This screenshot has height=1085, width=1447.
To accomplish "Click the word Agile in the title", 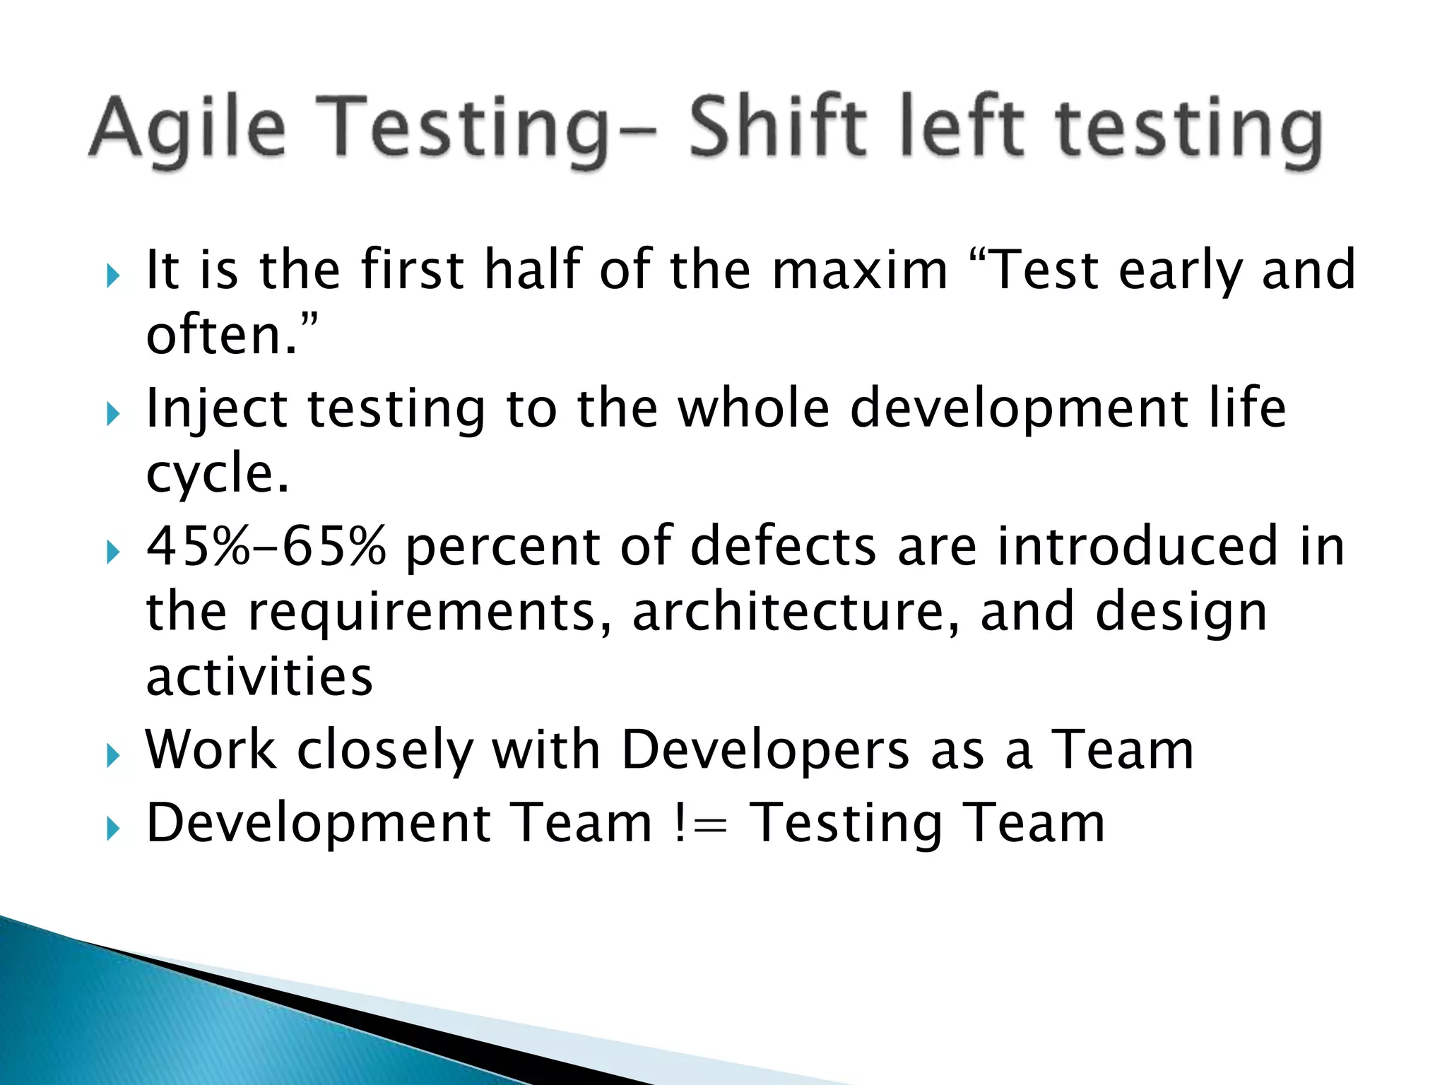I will tap(187, 129).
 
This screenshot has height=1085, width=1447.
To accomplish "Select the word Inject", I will tap(216, 410).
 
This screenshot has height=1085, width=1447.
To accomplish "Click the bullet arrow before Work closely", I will tap(113, 757).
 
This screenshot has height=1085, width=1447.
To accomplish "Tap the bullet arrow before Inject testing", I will tap(113, 415).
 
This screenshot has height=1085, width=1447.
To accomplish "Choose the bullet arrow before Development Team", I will tap(113, 829).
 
